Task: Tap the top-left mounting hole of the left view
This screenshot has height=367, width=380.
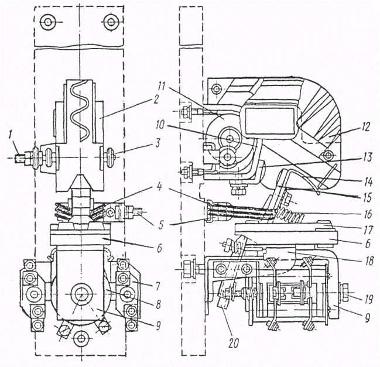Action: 46,23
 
